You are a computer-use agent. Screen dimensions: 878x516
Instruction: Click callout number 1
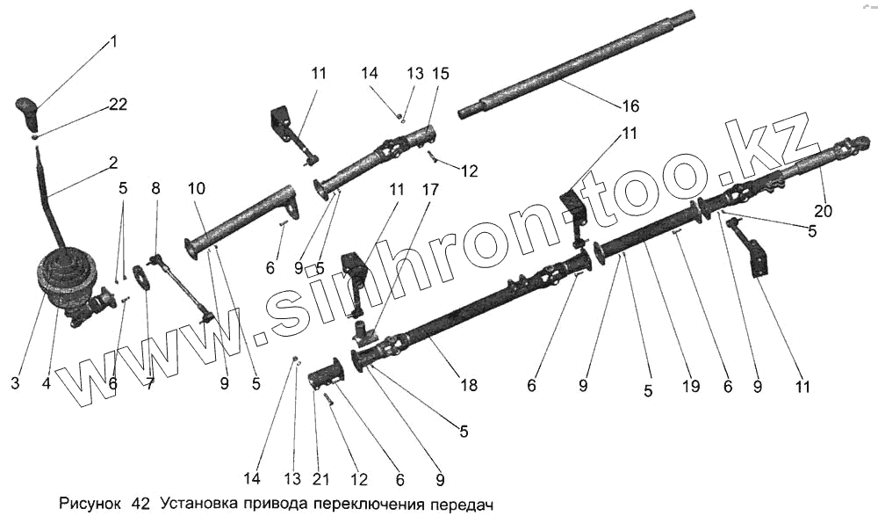(x=113, y=40)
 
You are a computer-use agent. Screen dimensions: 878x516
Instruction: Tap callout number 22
(x=119, y=104)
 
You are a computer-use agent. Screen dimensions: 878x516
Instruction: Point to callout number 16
(x=630, y=106)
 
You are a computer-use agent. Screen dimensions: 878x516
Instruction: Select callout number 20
(x=824, y=211)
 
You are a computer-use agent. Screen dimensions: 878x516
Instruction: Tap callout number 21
(x=322, y=479)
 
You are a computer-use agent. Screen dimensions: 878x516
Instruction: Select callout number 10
(x=195, y=189)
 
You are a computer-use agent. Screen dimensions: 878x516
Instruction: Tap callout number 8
(x=156, y=188)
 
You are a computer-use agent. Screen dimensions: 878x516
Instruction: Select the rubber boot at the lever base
(x=67, y=268)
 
